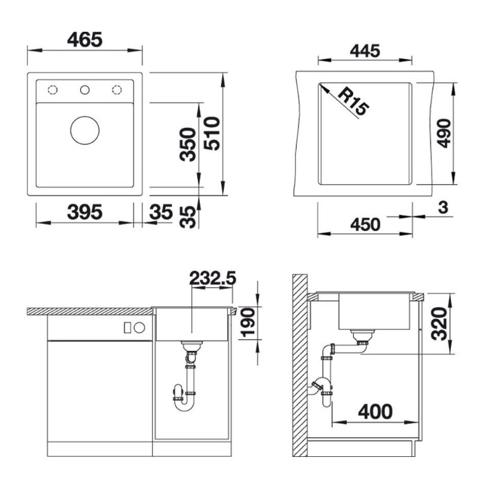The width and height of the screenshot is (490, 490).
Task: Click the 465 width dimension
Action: pyautogui.click(x=85, y=40)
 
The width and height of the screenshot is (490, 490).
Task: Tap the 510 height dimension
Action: pyautogui.click(x=212, y=134)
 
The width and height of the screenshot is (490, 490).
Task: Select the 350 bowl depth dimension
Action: pyautogui.click(x=188, y=144)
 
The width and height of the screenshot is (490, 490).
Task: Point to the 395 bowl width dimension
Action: pyautogui.click(x=85, y=212)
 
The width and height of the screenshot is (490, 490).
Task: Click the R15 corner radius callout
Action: pyautogui.click(x=354, y=102)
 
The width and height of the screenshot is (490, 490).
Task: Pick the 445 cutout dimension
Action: pyautogui.click(x=365, y=51)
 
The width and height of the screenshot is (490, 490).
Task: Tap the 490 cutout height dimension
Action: pyautogui.click(x=444, y=133)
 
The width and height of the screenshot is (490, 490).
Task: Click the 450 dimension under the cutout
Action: pyautogui.click(x=365, y=224)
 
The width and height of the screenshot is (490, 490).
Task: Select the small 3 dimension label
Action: pyautogui.click(x=443, y=207)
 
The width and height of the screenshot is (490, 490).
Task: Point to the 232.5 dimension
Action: pyautogui.click(x=213, y=278)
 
